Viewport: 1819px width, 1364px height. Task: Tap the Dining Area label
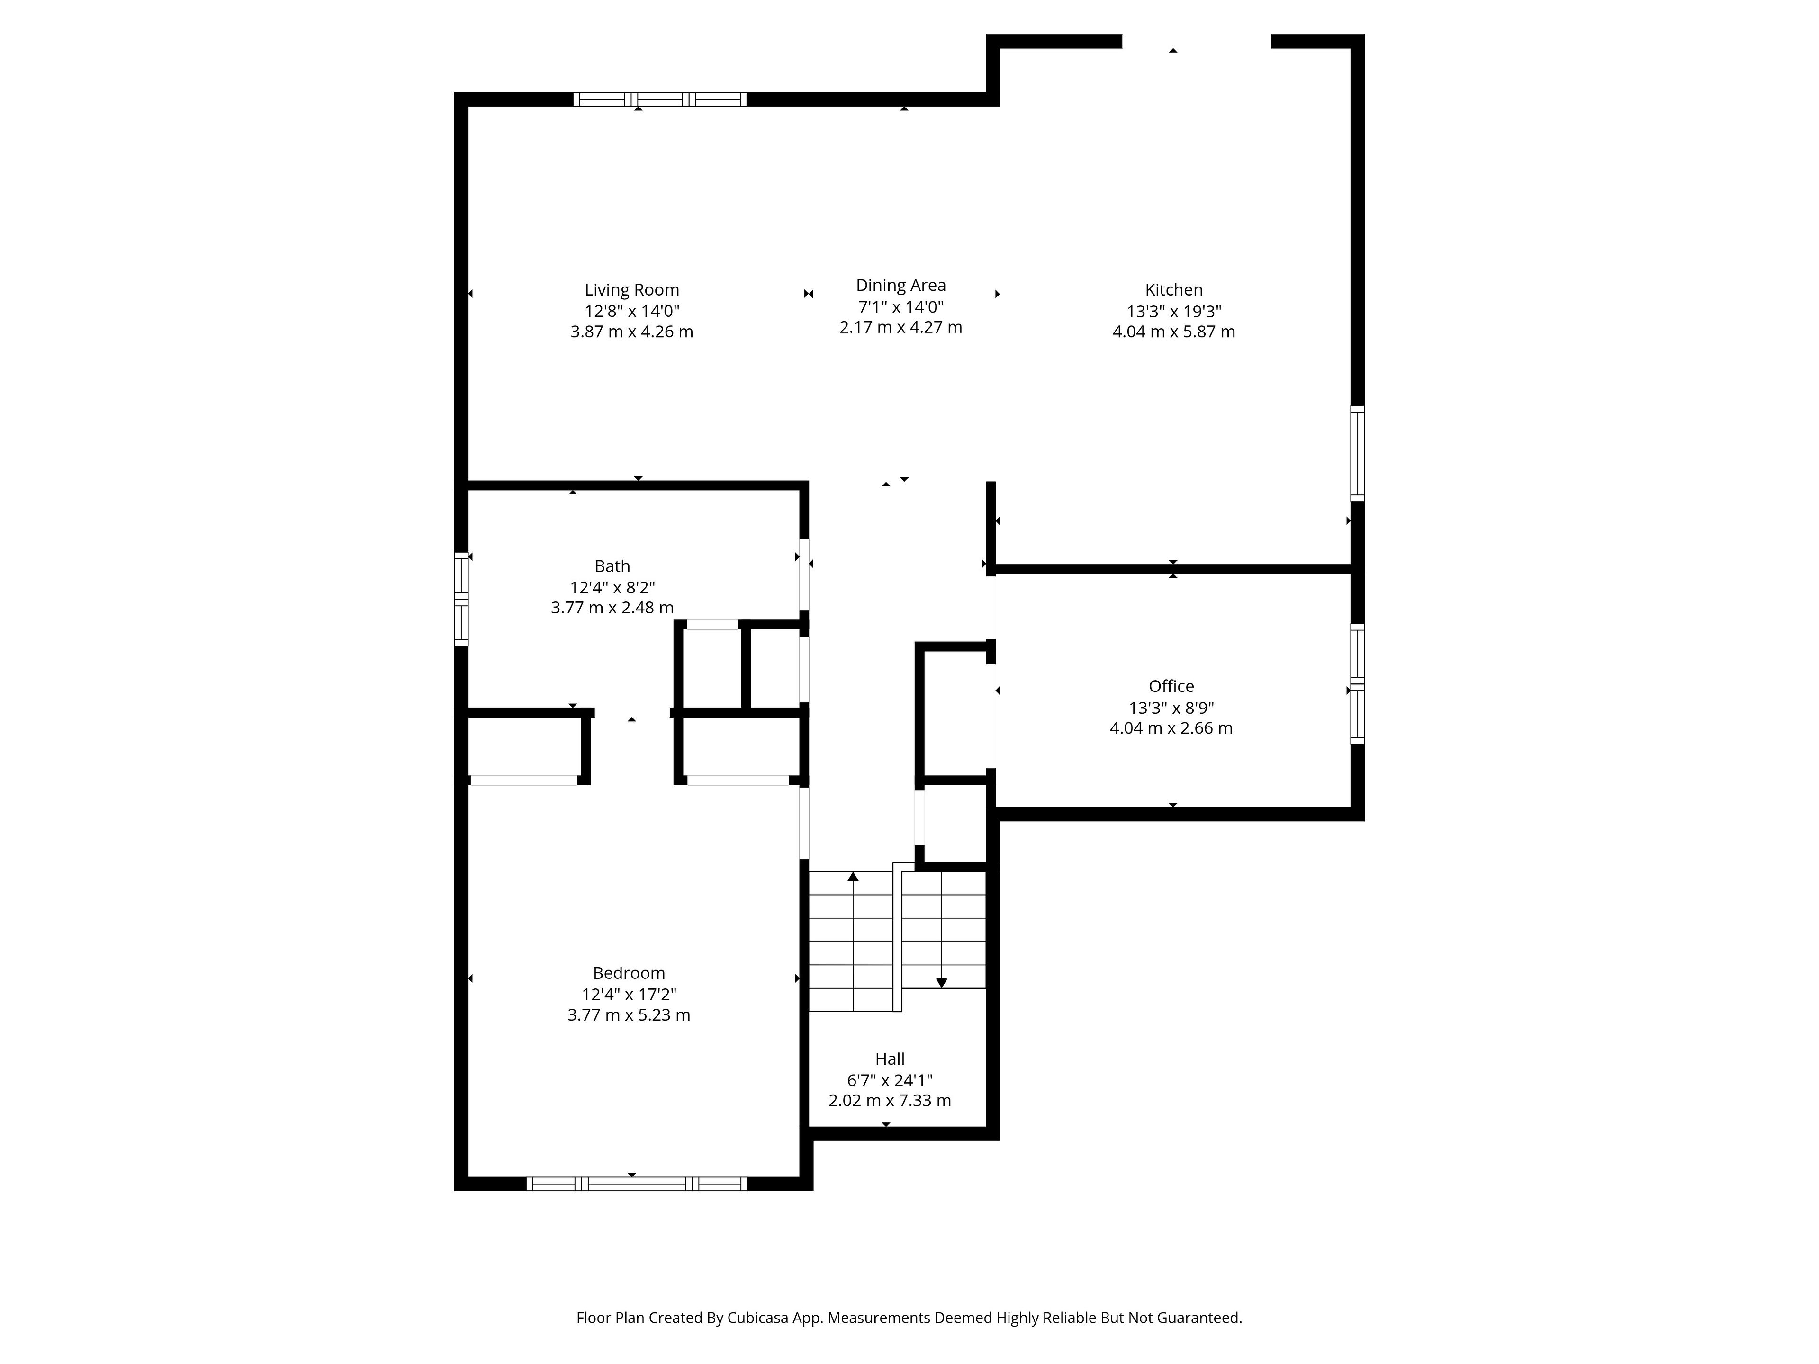[900, 285]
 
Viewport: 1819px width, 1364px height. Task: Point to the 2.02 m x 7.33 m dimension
[890, 1101]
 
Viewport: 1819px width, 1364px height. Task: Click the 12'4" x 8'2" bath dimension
[612, 588]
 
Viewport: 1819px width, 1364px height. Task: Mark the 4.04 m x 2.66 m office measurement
[1171, 728]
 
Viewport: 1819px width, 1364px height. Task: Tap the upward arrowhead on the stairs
[853, 877]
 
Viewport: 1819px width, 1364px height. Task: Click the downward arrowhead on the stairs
[942, 983]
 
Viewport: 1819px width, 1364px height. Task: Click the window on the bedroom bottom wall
[637, 1184]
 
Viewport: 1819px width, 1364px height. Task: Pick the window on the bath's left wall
[461, 599]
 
